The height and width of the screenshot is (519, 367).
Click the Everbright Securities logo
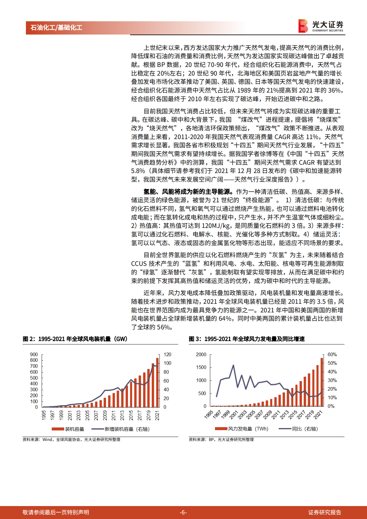tap(321, 26)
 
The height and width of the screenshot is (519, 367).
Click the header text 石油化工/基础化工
tap(56, 28)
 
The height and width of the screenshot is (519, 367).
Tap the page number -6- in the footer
tap(183, 512)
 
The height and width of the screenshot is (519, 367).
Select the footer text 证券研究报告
tap(324, 512)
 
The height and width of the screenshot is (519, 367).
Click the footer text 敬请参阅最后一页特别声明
tap(56, 512)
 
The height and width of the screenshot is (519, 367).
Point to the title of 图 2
tap(75, 339)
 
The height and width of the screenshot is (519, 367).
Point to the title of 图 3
tap(247, 339)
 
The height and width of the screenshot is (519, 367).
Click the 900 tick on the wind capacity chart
tap(34, 355)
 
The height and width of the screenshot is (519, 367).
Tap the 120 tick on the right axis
tap(167, 355)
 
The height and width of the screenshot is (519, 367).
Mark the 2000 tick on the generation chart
tap(201, 355)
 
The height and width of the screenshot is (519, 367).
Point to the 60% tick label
tap(332, 355)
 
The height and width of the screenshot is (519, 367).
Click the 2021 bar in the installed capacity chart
tap(158, 382)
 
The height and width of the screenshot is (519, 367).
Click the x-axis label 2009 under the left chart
tap(105, 415)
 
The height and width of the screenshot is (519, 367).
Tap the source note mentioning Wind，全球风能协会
tap(71, 439)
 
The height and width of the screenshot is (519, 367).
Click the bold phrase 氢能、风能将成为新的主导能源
tap(188, 192)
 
